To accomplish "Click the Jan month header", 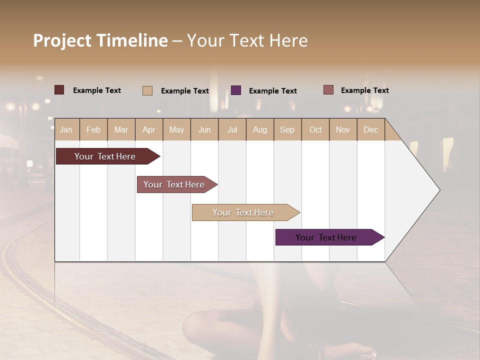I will [66, 129].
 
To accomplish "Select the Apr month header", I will [149, 129].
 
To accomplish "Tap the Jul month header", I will [232, 129].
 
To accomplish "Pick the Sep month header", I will [287, 129].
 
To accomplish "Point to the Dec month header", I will [370, 129].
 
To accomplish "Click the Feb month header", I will [93, 129].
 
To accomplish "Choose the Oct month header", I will [315, 129].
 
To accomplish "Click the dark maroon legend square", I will [59, 90].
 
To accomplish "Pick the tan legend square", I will [147, 90].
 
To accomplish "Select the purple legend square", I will [236, 90].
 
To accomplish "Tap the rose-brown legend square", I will [328, 90].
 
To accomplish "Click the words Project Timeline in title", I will [100, 40].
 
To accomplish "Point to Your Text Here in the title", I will [247, 40].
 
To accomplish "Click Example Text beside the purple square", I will [272, 91].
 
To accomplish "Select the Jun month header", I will [204, 129].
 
